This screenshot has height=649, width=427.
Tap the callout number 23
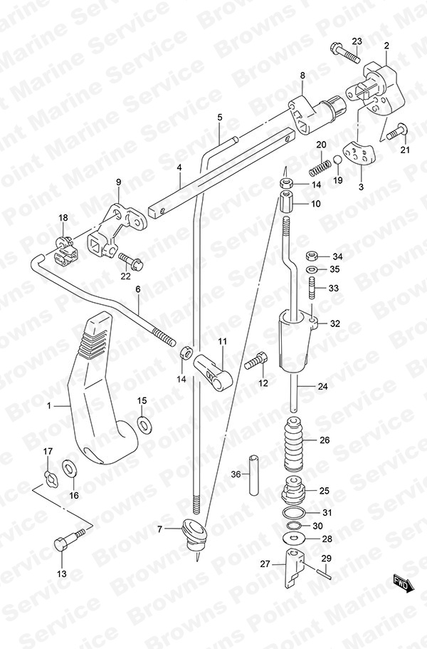pyautogui.click(x=357, y=41)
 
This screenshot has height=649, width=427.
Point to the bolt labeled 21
pyautogui.click(x=397, y=132)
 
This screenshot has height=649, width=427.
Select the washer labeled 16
pyautogui.click(x=70, y=468)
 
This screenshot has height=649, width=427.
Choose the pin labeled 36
pyautogui.click(x=254, y=474)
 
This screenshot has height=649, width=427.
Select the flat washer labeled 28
pyautogui.click(x=293, y=539)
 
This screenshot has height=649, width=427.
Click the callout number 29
pyautogui.click(x=326, y=559)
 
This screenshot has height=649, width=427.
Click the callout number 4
pyautogui.click(x=180, y=168)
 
